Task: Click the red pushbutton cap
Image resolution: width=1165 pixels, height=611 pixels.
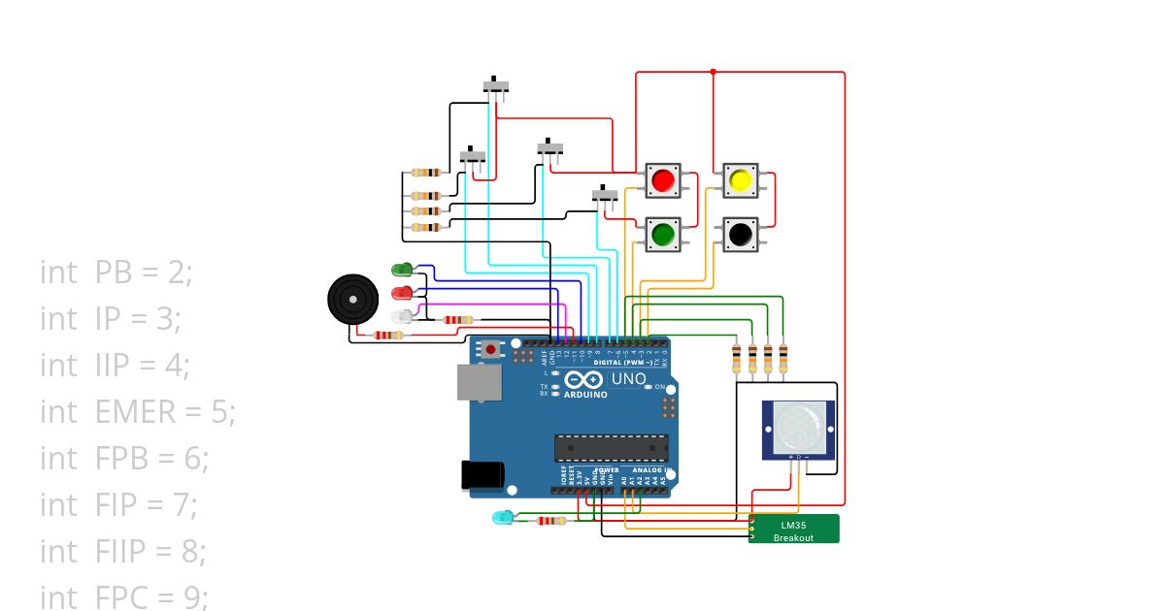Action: pos(664,180)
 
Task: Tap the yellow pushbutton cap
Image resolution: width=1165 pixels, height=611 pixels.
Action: pos(740,180)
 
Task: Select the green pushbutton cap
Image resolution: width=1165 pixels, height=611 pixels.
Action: pos(664,234)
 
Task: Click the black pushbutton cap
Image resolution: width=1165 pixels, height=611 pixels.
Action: pos(740,234)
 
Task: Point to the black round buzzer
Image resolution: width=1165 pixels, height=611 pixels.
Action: pos(351,299)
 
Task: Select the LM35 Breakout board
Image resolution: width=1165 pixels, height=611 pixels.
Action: pos(793,529)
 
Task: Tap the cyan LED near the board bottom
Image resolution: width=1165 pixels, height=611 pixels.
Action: pos(502,518)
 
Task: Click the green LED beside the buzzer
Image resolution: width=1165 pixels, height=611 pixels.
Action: pos(401,269)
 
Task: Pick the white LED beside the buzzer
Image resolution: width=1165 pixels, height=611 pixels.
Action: pos(401,316)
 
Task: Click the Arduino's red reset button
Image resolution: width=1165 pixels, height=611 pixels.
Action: pos(492,349)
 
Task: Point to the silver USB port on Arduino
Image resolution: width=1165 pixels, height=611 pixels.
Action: pos(479,383)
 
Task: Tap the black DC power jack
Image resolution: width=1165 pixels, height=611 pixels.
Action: pos(482,474)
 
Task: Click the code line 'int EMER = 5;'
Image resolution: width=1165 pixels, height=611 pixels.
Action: pos(137,412)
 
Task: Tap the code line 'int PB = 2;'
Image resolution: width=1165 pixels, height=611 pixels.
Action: pos(116,273)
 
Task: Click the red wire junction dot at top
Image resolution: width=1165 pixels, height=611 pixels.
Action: pos(713,72)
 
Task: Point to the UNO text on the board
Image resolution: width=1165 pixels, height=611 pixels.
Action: pos(628,379)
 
